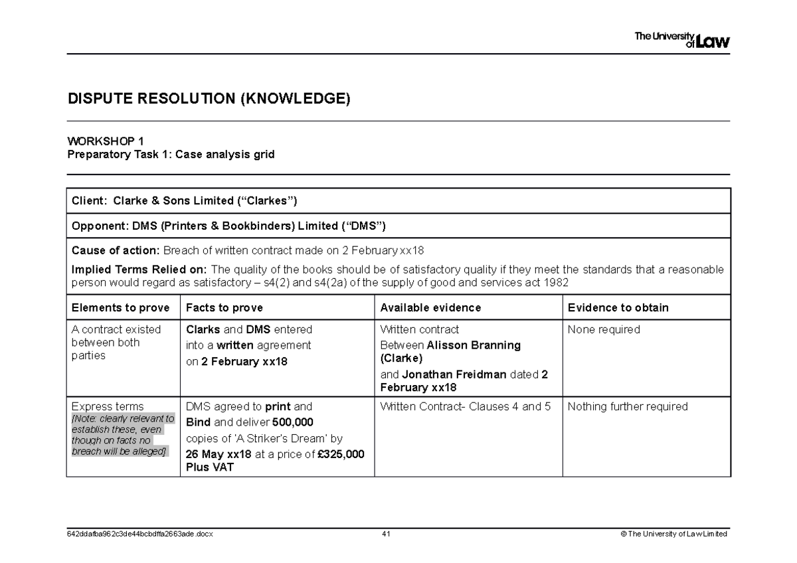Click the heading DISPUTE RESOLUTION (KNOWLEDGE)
209,100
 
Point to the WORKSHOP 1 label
106,141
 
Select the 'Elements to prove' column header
120,307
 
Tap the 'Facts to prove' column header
224,307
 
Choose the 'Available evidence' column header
430,307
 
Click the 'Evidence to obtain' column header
617,307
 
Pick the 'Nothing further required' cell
628,406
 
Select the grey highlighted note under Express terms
122,435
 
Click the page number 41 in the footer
385,534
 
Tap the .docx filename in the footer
140,534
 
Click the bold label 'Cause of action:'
116,250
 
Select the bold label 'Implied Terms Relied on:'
139,269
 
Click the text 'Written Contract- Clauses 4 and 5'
465,406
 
